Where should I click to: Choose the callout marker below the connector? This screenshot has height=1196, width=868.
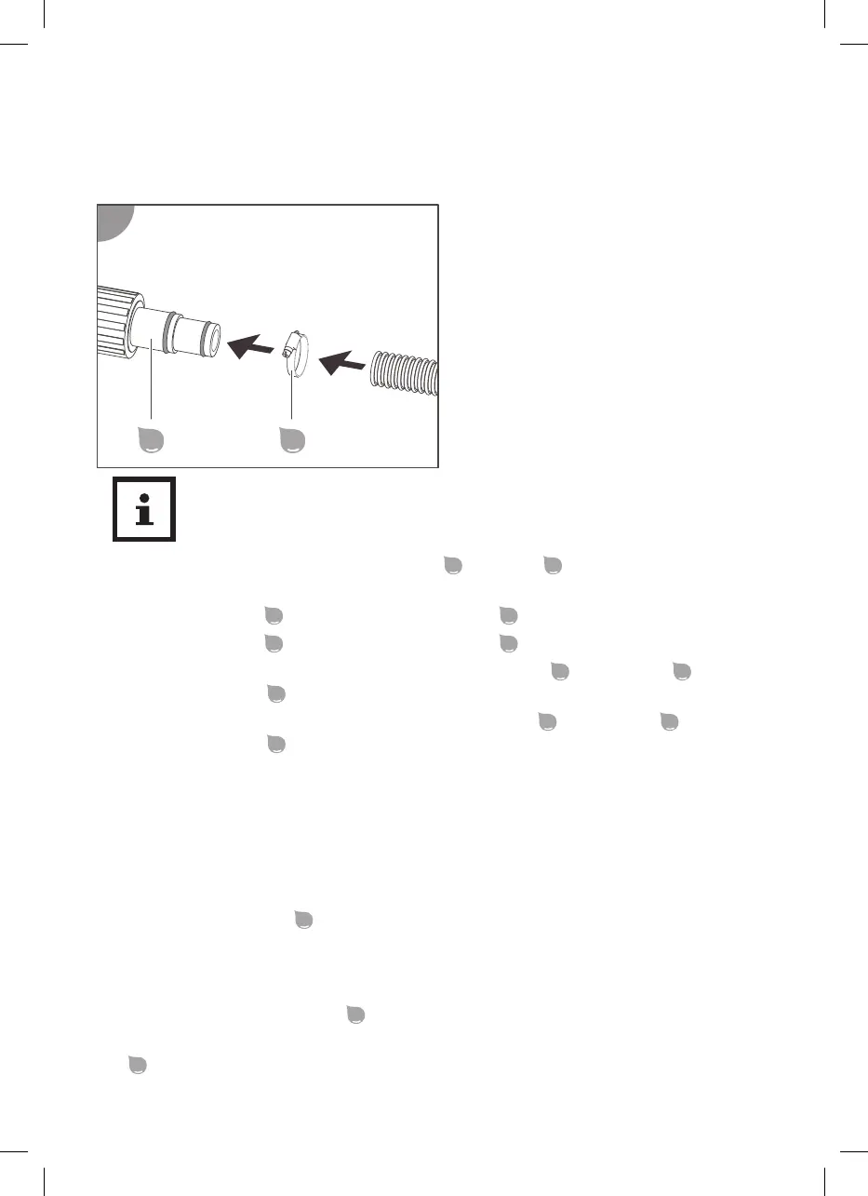pos(151,439)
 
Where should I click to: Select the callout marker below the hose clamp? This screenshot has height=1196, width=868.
pos(293,439)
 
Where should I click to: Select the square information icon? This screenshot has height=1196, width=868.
pos(144,510)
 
